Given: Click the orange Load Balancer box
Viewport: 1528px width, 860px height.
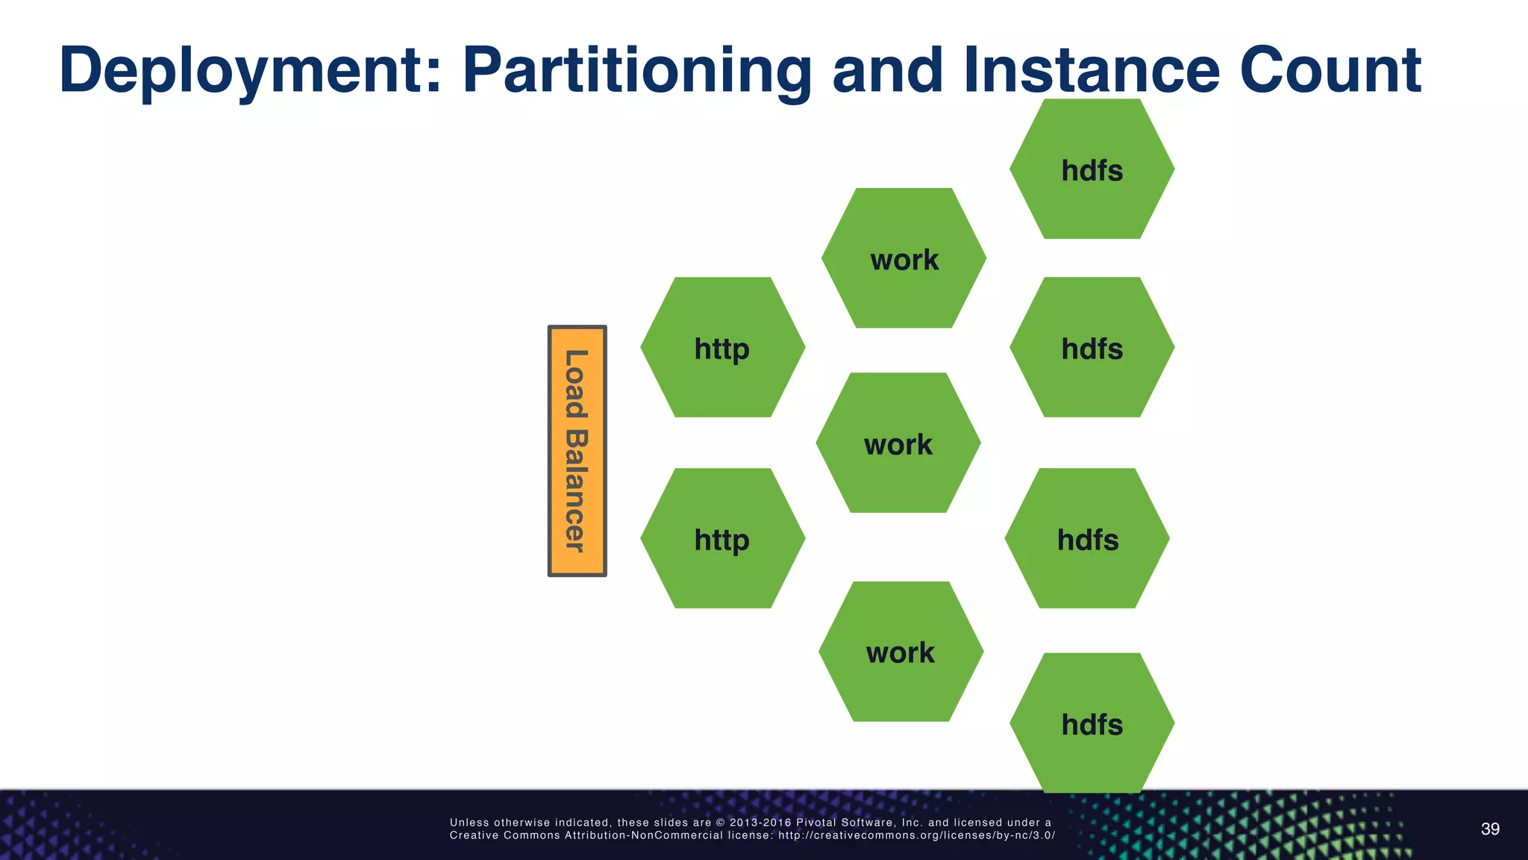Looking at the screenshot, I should click(577, 451).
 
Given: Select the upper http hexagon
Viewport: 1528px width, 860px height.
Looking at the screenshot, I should click(722, 347).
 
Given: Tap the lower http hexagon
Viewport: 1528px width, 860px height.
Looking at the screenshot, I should click(722, 538).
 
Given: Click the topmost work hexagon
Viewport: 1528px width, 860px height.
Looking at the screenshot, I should click(904, 258).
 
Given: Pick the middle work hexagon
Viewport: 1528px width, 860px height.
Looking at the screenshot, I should click(898, 443).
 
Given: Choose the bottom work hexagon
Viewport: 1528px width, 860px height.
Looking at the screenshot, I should click(901, 652).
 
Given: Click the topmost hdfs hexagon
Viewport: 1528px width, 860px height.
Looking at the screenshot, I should click(1092, 169).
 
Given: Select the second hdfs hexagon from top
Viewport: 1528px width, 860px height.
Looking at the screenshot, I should click(1092, 347).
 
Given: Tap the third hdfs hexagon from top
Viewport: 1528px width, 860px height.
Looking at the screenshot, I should click(1086, 538).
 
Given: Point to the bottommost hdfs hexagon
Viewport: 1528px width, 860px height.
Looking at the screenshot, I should click(1092, 723).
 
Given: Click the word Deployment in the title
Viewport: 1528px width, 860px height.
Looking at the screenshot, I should click(250, 71).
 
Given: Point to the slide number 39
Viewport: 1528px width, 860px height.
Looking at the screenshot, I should click(1490, 829).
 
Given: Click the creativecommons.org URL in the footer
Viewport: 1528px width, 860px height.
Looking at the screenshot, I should click(916, 835).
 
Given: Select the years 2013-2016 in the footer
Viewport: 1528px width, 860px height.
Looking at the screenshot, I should click(760, 823).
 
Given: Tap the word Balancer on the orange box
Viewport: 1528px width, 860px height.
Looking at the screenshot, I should click(576, 490).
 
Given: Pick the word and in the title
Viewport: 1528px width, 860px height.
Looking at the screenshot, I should click(888, 71).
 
